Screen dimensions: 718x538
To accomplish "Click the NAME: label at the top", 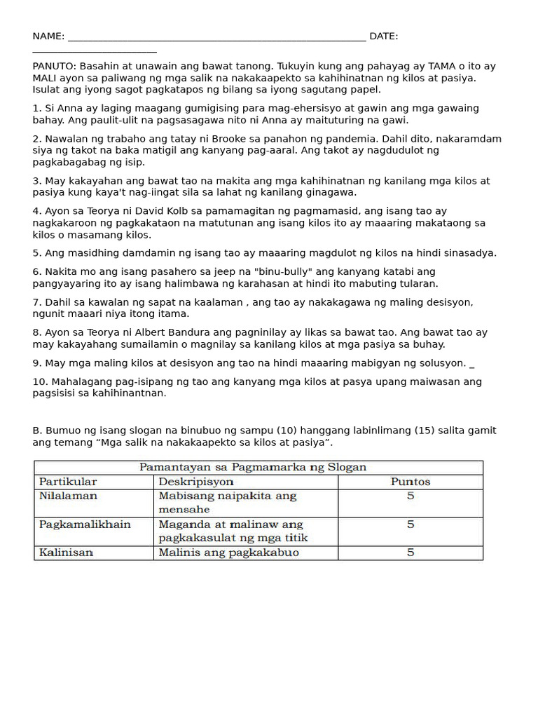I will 48,36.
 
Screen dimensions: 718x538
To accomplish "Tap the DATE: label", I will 384,36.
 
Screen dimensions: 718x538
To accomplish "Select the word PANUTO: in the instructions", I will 55,67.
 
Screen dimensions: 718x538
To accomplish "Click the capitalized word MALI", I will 45,78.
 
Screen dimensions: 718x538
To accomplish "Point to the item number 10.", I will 39,382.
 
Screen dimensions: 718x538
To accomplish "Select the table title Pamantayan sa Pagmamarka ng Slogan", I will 253,467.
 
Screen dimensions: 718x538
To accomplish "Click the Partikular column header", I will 68,482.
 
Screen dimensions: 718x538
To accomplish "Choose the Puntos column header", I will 410,482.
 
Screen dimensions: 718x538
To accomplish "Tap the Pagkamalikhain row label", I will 85,524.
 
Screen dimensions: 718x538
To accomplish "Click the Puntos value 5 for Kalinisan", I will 411,553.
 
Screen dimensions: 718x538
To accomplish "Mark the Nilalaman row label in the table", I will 68,496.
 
